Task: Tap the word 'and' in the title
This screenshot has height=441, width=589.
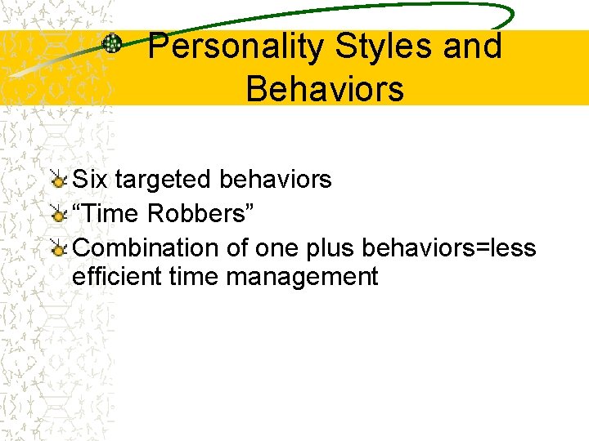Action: pyautogui.click(x=472, y=47)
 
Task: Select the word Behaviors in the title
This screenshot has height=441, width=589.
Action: pyautogui.click(x=325, y=88)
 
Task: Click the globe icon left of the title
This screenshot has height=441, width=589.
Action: pyautogui.click(x=112, y=43)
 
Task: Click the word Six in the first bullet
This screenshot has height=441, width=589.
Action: pyautogui.click(x=90, y=179)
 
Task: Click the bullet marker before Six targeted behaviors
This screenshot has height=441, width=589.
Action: pyautogui.click(x=59, y=179)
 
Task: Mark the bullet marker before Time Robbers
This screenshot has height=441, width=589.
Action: pyautogui.click(x=59, y=213)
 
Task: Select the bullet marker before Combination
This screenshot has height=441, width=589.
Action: pyautogui.click(x=59, y=247)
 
